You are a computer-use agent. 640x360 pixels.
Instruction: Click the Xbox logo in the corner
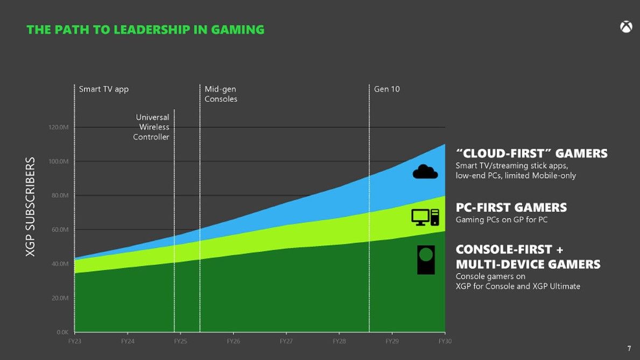tap(625, 27)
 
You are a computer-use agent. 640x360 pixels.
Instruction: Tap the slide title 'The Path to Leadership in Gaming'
tap(145, 30)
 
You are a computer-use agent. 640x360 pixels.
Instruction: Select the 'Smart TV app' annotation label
tap(104, 89)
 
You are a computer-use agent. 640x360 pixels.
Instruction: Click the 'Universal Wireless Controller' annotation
tap(152, 127)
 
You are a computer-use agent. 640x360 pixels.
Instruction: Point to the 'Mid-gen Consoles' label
tap(221, 94)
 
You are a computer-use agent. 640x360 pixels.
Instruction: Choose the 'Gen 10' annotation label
tap(387, 89)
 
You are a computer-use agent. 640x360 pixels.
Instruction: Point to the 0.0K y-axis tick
tap(62, 332)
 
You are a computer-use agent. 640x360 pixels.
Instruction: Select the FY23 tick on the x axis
tap(75, 341)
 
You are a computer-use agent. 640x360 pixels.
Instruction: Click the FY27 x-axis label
tap(286, 341)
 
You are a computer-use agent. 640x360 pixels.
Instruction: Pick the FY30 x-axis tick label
tap(445, 341)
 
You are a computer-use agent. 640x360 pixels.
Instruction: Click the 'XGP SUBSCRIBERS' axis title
tap(31, 207)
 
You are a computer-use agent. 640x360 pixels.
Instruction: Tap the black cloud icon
tap(425, 172)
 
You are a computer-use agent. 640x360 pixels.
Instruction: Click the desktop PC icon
tap(425, 217)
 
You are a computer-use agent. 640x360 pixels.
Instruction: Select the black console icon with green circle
tap(426, 260)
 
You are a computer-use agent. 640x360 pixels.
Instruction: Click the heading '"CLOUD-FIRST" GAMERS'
tap(531, 153)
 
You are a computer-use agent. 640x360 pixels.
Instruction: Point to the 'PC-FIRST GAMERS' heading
tap(511, 208)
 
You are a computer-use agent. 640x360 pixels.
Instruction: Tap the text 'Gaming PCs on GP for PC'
tap(501, 220)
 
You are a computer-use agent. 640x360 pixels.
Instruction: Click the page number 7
tap(629, 349)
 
